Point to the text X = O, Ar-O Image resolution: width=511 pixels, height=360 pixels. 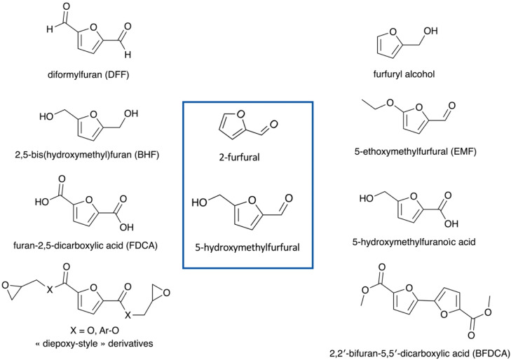[82, 329]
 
